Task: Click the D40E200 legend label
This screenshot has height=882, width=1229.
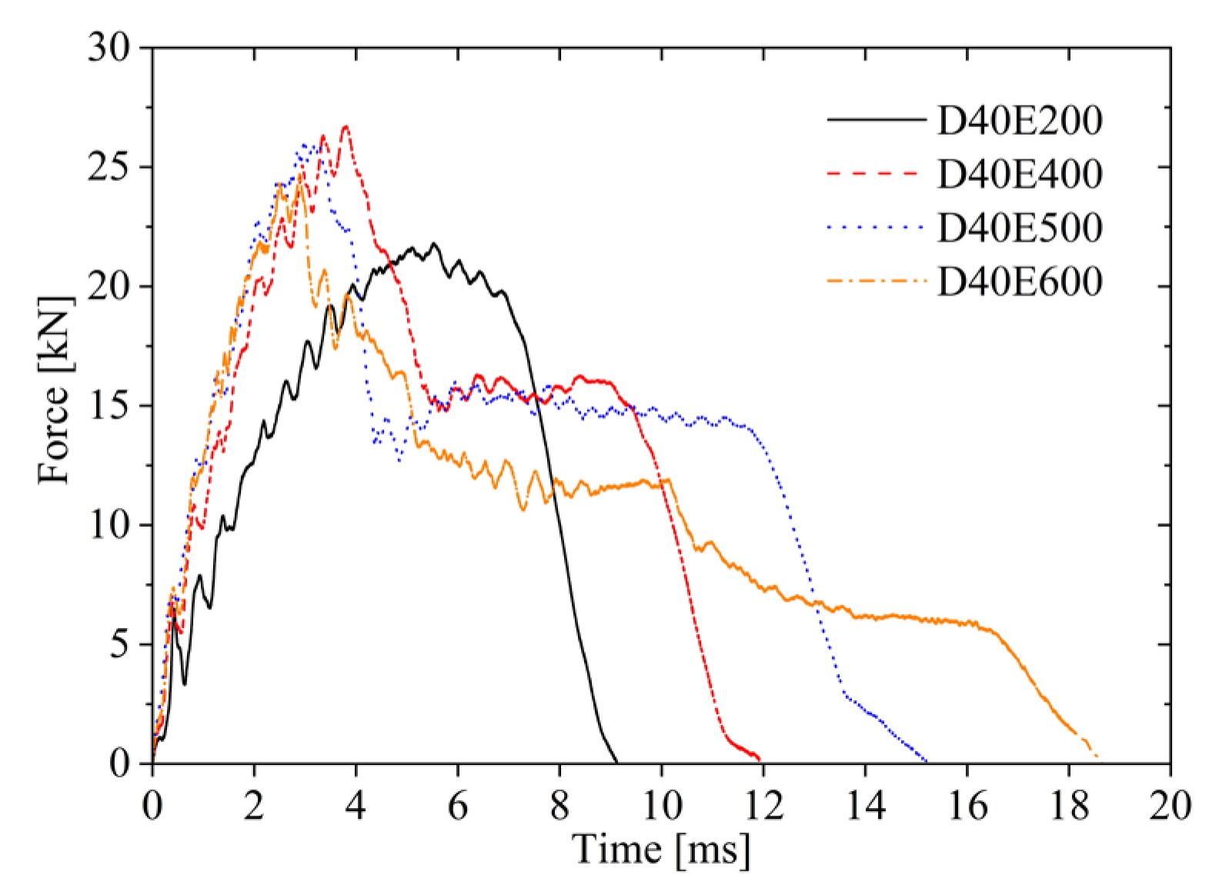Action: tap(1020, 120)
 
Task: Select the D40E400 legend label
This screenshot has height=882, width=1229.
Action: tap(1020, 174)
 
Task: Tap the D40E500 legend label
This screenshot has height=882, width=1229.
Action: tap(1020, 228)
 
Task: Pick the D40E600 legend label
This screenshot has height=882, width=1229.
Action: tap(1020, 282)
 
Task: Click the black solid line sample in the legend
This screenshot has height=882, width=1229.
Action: tap(876, 119)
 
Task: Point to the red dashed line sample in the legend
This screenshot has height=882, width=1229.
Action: tap(876, 173)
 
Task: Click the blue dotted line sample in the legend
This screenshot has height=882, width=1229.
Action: tap(876, 227)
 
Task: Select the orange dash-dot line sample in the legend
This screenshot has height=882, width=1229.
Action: tap(876, 281)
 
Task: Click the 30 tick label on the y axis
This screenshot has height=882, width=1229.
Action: tap(109, 48)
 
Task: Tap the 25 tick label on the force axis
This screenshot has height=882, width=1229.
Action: tap(109, 168)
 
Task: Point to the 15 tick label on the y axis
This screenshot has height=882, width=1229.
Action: tap(109, 406)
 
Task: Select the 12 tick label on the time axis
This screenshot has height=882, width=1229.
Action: tap(763, 806)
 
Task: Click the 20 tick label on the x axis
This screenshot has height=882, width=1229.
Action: tap(1171, 806)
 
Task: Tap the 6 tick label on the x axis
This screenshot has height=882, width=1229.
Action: tap(458, 806)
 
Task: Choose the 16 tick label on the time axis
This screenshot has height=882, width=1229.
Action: tap(967, 806)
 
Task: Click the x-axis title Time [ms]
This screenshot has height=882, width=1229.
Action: tap(661, 850)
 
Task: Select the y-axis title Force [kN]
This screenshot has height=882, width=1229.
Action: tap(55, 391)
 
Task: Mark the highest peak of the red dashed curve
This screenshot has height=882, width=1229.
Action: tap(346, 126)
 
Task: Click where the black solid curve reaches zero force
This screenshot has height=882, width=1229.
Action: tap(618, 763)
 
